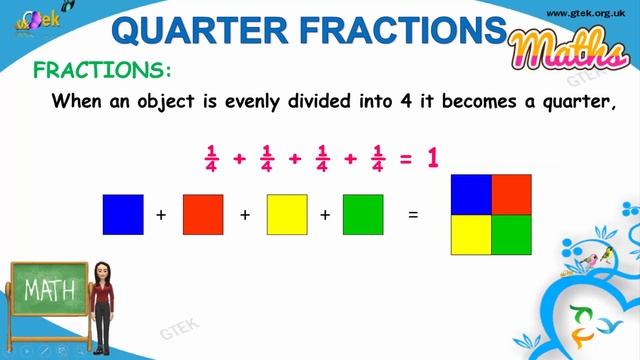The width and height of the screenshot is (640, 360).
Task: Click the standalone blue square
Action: tap(123, 214)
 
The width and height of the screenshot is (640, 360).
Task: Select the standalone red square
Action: tap(203, 214)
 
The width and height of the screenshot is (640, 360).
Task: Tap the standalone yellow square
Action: tap(287, 214)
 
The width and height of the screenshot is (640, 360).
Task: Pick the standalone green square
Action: tap(363, 214)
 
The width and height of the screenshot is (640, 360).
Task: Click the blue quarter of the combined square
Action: tap(471, 194)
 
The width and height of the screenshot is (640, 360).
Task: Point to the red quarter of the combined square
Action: tap(511, 194)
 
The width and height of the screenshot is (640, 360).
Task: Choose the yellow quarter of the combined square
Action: tap(471, 234)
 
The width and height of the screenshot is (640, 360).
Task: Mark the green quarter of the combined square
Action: tap(511, 234)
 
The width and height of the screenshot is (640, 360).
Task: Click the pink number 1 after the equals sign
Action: tap(434, 157)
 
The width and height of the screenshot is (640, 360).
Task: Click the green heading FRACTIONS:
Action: tap(103, 71)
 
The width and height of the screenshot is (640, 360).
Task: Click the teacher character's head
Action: tap(101, 272)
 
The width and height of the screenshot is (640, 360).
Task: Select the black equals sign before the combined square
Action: tap(412, 214)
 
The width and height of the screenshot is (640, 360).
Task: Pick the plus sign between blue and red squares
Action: tap(162, 214)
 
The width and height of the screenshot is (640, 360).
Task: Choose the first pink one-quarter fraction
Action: tap(211, 158)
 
